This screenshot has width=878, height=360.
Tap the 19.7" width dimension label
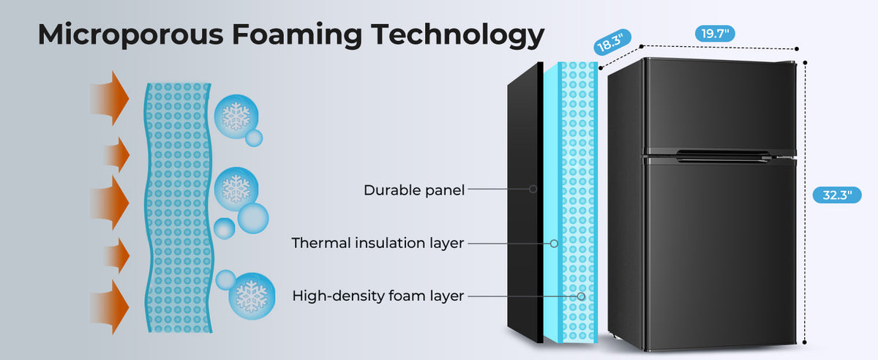pos(714,33)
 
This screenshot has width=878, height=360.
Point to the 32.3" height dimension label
pos(837,195)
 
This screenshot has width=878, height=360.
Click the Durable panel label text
pos(414,190)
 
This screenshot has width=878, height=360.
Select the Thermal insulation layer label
pos(378,243)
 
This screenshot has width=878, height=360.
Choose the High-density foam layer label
pos(378,296)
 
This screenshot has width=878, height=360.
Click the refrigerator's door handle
pos(721,154)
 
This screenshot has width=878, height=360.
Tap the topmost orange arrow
pos(110,98)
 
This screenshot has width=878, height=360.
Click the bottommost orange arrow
pos(110,304)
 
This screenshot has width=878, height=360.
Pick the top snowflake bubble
pos(236,117)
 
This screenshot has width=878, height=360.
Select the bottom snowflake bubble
pos(252,296)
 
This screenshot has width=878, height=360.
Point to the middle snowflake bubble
pos(236,189)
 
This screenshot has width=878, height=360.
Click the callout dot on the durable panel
pos(533,189)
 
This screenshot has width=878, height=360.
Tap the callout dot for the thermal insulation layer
pos(555,243)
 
